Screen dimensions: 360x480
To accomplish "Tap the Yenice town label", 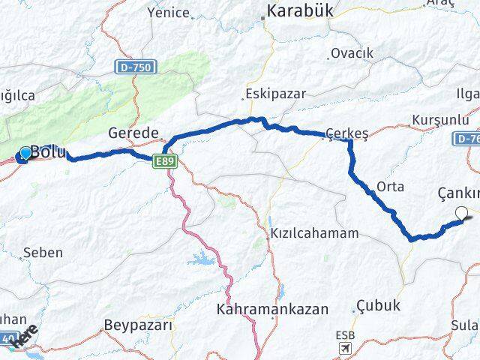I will click(169, 12).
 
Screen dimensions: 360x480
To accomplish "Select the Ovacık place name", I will click(352, 53).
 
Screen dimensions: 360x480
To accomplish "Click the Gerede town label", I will click(133, 133).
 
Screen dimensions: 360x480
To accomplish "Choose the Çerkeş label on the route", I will click(347, 133).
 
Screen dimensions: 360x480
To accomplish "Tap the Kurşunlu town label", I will click(438, 119).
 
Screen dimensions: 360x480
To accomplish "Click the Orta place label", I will click(391, 186).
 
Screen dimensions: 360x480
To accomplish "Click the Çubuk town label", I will click(379, 306).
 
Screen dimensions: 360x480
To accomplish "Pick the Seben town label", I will click(43, 252).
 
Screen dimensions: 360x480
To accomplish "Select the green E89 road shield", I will click(166, 160).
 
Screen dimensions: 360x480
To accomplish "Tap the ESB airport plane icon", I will click(344, 348).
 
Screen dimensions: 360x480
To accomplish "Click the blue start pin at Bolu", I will click(25, 153).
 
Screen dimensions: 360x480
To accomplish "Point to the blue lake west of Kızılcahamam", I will click(202, 260).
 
